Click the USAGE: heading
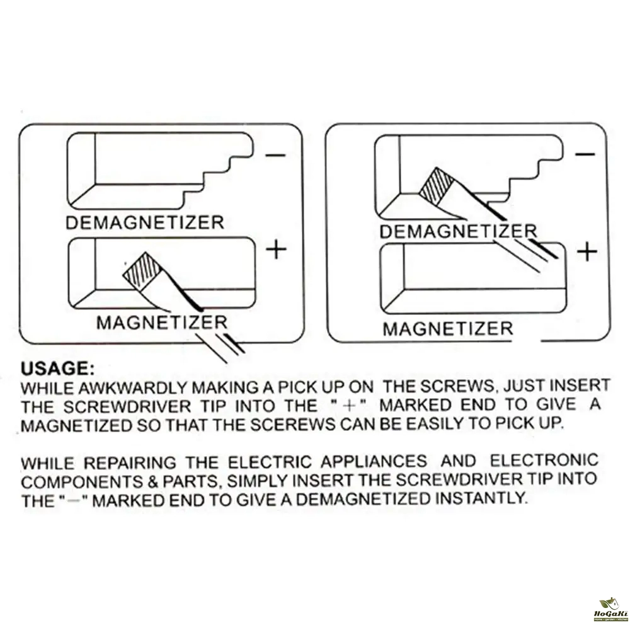pyautogui.click(x=58, y=369)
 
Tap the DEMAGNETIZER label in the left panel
pyautogui.click(x=145, y=222)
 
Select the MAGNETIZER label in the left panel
pyautogui.click(x=162, y=322)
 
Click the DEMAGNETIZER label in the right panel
pyautogui.click(x=459, y=231)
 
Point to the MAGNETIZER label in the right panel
pyautogui.click(x=448, y=329)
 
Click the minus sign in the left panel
pyautogui.click(x=276, y=155)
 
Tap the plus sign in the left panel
pyautogui.click(x=276, y=249)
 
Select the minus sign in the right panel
pyautogui.click(x=585, y=154)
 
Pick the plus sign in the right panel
pyautogui.click(x=587, y=253)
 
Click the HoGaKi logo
pyautogui.click(x=609, y=609)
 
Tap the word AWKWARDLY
pyautogui.click(x=132, y=387)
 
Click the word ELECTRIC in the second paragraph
pyautogui.click(x=270, y=462)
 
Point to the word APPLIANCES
pyautogui.click(x=374, y=461)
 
